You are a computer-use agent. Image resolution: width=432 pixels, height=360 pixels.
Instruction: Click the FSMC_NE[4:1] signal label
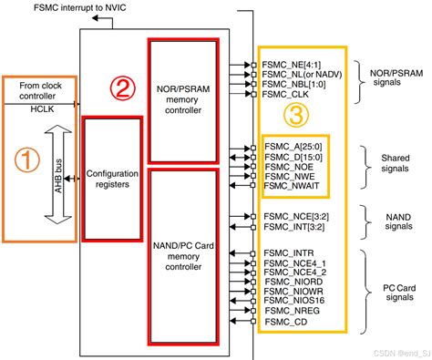click(x=292, y=65)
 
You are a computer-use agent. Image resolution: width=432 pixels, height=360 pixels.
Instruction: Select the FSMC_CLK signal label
click(x=285, y=94)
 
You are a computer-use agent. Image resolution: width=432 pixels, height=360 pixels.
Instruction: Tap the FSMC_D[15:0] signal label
click(x=293, y=157)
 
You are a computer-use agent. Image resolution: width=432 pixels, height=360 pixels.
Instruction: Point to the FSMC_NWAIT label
click(x=292, y=185)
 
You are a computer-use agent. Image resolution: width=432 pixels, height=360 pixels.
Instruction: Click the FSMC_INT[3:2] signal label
click(x=293, y=227)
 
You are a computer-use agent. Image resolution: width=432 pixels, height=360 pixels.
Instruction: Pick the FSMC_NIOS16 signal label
click(x=293, y=301)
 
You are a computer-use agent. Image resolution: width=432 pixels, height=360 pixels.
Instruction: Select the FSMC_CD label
click(x=286, y=322)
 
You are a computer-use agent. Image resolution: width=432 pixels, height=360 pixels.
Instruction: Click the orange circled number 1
click(x=27, y=159)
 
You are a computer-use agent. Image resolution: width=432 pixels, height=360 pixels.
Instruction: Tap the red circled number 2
click(x=123, y=88)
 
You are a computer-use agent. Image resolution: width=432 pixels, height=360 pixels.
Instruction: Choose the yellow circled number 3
click(x=296, y=115)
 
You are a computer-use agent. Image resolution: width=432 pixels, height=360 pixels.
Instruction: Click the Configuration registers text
click(x=112, y=179)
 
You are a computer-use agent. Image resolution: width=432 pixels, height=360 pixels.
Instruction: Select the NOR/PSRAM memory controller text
click(x=183, y=99)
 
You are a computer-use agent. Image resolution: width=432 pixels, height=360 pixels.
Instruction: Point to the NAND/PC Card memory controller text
click(x=183, y=256)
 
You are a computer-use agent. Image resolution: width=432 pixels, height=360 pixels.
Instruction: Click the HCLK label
click(x=42, y=109)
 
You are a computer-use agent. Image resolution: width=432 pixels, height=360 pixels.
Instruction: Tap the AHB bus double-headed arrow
click(x=58, y=174)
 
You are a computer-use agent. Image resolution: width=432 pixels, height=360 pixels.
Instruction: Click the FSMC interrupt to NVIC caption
click(x=79, y=7)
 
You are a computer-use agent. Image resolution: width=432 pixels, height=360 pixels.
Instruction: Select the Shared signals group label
click(x=396, y=163)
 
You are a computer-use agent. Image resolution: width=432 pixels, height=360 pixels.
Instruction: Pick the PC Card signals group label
click(x=399, y=293)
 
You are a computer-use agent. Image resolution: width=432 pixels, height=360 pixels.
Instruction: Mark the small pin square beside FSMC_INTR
click(x=253, y=253)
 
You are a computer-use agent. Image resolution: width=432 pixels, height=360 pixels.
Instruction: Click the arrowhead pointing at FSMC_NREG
click(x=247, y=311)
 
